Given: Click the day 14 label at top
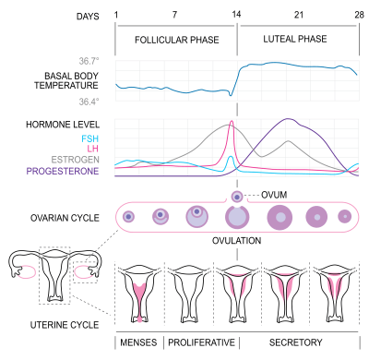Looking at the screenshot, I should tap(237, 16).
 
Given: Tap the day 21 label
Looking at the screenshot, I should tap(298, 16).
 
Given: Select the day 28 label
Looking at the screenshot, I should tap(358, 16).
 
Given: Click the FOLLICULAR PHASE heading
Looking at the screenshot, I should tap(173, 42).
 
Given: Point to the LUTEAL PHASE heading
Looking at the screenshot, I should tap(295, 42).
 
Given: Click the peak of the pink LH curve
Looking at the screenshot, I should tap(231, 122).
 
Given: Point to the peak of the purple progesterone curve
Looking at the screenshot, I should tap(290, 119).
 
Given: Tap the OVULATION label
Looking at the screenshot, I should tap(237, 240).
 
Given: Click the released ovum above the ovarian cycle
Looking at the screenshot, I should tap(237, 197).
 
